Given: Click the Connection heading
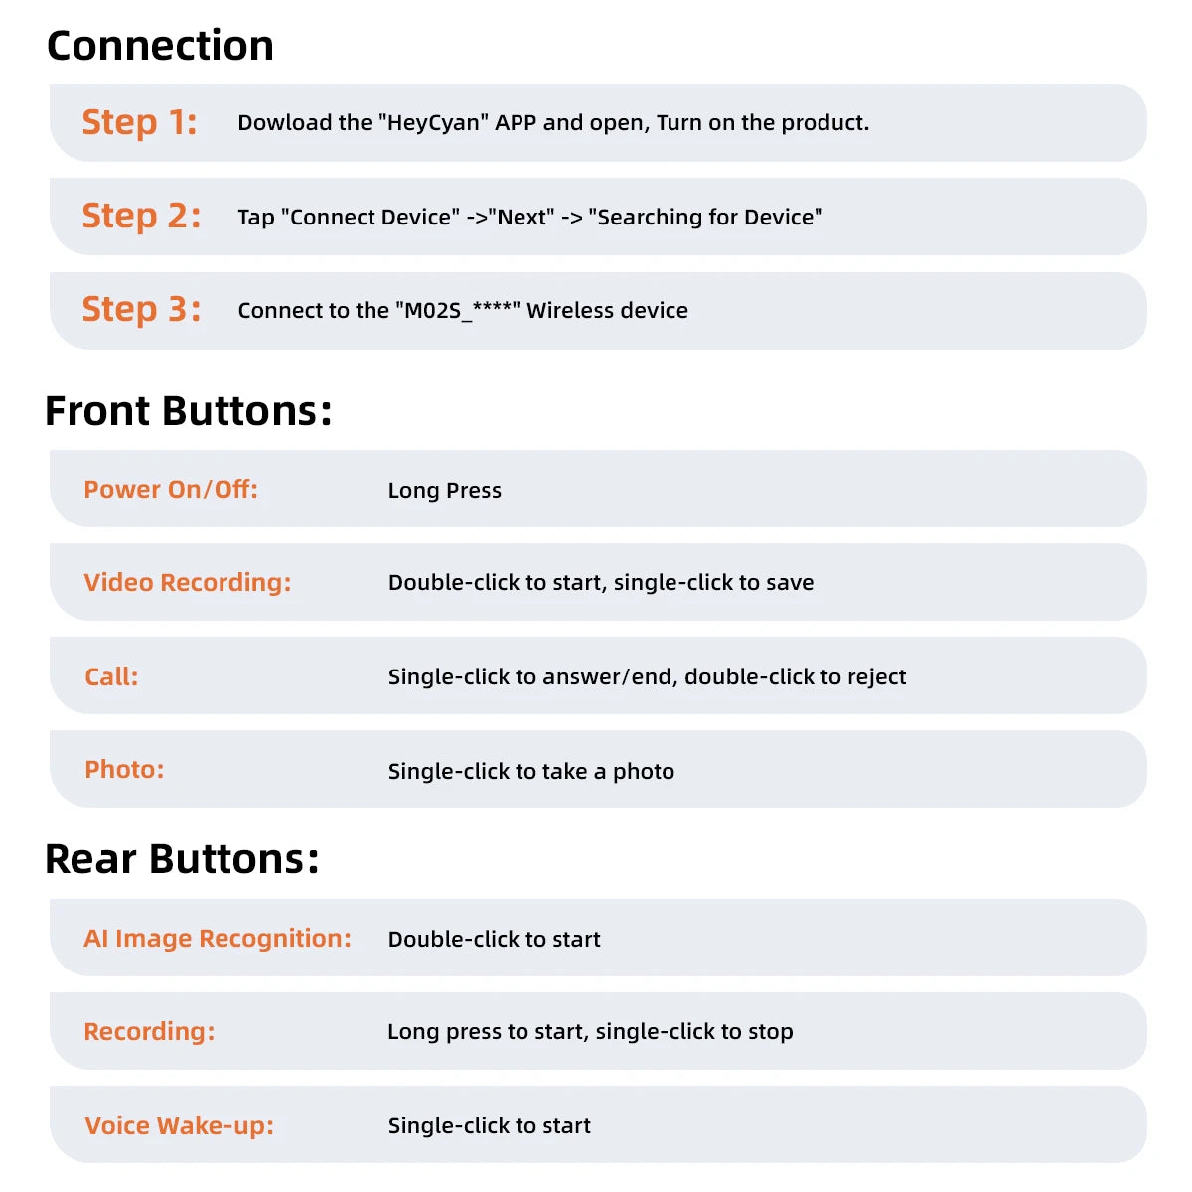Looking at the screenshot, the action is click(160, 46).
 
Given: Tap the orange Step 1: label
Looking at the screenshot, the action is click(139, 122).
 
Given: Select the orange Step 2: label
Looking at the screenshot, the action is click(141, 216).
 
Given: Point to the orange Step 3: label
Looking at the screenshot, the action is click(141, 309).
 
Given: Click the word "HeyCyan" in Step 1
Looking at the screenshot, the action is click(432, 123).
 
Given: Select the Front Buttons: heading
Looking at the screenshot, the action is click(188, 411).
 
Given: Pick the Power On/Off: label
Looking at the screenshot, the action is click(171, 489).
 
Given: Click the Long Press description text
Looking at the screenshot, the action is click(444, 490).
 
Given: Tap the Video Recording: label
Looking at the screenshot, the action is click(187, 582).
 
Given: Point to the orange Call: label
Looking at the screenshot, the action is click(111, 676).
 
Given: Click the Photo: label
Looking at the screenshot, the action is click(124, 769).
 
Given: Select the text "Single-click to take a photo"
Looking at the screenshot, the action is click(530, 771).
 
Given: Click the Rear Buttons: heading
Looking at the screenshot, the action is click(182, 859).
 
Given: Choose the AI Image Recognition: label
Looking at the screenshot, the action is click(217, 938).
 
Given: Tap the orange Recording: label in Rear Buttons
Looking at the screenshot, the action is click(149, 1031).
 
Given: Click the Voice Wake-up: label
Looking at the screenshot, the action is click(179, 1125).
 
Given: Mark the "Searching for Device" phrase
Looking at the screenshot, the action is click(705, 218).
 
